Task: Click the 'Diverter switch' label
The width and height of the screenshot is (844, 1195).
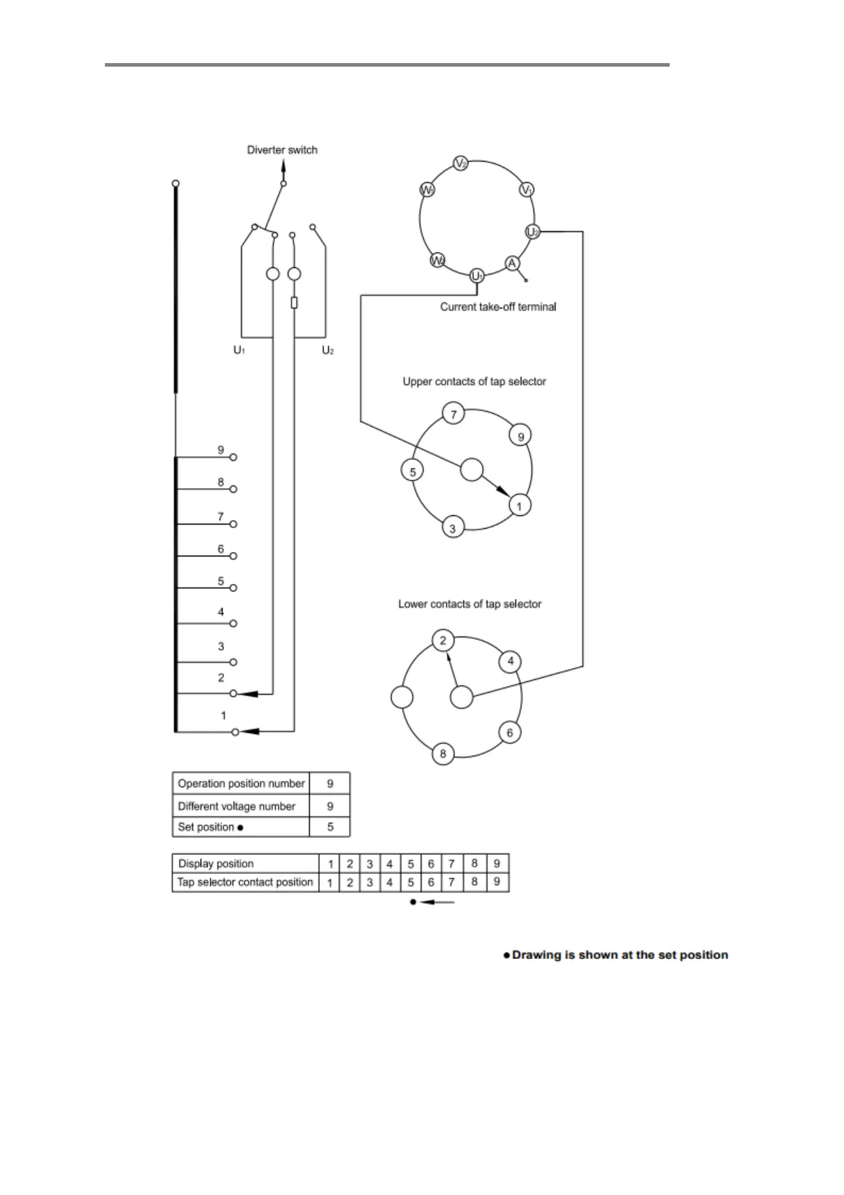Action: (x=282, y=150)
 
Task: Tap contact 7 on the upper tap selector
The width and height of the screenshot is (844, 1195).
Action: (x=454, y=414)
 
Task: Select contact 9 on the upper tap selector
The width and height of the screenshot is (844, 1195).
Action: (x=521, y=436)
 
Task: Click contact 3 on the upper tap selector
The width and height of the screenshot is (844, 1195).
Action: (x=453, y=528)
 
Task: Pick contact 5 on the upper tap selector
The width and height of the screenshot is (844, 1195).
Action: (x=412, y=470)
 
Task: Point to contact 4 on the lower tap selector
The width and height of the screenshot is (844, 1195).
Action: (x=510, y=662)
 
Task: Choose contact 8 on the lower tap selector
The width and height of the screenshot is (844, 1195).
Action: (x=443, y=753)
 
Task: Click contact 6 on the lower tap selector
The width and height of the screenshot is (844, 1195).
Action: (x=510, y=732)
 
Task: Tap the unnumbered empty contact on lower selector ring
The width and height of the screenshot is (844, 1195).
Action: (x=402, y=697)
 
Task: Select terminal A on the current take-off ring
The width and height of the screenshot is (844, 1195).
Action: (x=512, y=264)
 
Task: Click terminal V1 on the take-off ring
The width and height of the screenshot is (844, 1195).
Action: (x=527, y=190)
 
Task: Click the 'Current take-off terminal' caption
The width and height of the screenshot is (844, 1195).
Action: (x=498, y=307)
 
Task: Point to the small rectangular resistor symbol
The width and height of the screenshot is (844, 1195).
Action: (x=294, y=303)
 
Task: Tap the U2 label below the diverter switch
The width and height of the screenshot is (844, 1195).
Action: (x=327, y=350)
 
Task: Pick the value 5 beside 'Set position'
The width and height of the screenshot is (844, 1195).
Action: (x=330, y=827)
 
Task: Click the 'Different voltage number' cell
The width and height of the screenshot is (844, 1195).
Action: (x=237, y=806)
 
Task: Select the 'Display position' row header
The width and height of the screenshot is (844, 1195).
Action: (x=216, y=863)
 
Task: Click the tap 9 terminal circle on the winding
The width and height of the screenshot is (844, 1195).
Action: (x=234, y=457)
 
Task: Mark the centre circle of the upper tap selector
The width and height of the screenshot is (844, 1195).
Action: (x=472, y=469)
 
